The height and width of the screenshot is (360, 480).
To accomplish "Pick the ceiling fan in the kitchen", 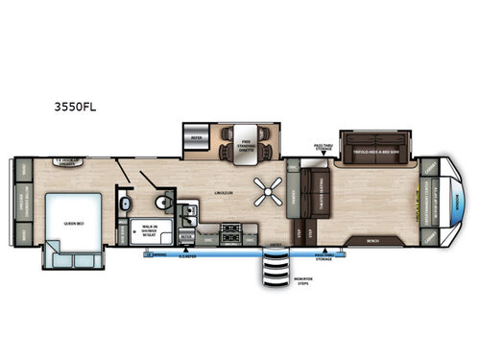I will [x=262, y=190].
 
